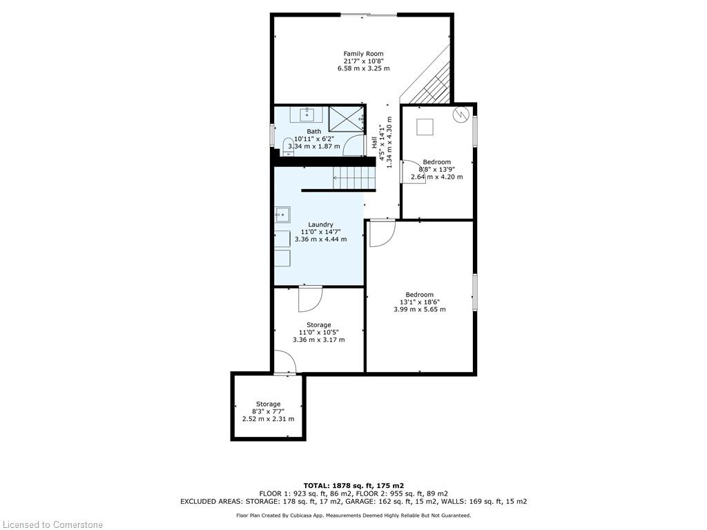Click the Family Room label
363,54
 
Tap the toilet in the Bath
288,147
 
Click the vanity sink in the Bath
307,115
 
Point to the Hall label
374,142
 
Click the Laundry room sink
282,215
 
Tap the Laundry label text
320,224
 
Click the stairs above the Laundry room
354,178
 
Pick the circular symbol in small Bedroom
462,114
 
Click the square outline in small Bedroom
425,127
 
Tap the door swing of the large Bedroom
382,233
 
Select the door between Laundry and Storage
310,298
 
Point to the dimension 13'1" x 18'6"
419,302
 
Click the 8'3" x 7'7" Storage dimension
269,411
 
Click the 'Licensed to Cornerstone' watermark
51,524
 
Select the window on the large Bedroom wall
475,292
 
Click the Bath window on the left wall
272,135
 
